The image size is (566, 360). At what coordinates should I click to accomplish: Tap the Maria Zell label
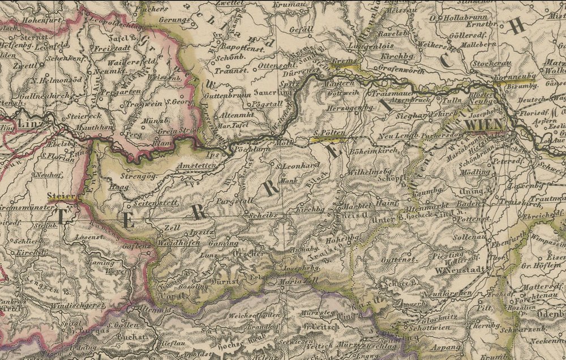pyautogui.click(x=291, y=281)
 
